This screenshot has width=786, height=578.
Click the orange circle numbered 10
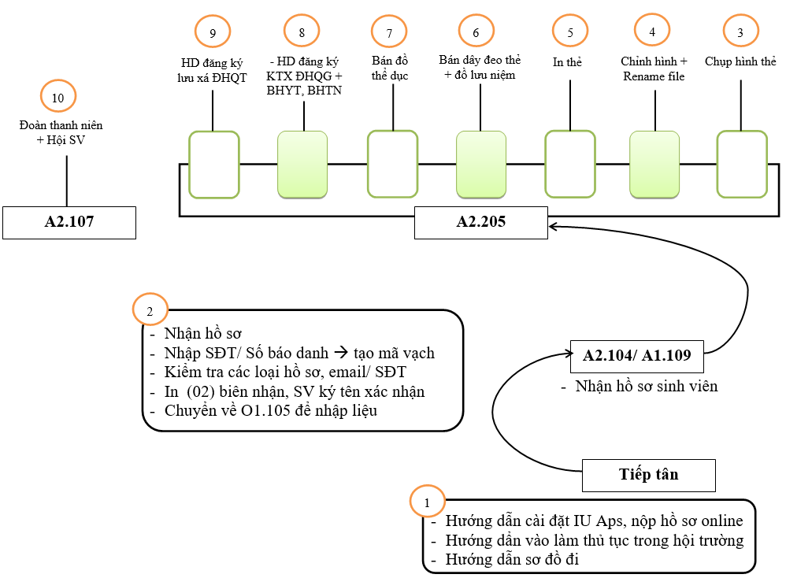tap(57, 98)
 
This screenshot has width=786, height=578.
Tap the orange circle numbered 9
tap(213, 32)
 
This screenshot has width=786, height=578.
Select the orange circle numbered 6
tap(476, 32)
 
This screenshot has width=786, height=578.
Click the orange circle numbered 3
tap(740, 32)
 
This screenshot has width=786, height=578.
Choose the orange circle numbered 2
tap(150, 310)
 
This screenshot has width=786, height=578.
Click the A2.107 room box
tap(69, 222)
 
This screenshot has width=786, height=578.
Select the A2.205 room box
tap(481, 222)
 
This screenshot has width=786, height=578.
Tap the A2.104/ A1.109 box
tap(636, 356)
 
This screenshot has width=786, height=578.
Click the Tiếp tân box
tap(648, 475)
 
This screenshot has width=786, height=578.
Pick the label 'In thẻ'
tap(568, 61)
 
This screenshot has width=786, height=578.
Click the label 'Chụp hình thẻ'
tap(740, 61)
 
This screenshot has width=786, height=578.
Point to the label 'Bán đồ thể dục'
tap(389, 69)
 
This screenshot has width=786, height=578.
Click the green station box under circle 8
tap(302, 164)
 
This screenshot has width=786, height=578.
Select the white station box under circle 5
tap(570, 164)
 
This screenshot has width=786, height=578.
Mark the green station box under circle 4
tap(654, 164)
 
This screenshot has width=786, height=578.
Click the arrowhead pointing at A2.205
tap(554, 227)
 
